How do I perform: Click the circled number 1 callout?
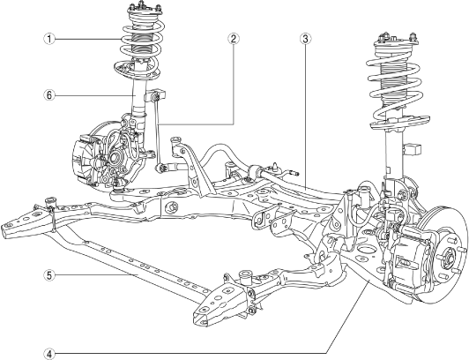coord(49,39)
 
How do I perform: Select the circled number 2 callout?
coord(233,38)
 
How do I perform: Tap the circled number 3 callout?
coord(305,38)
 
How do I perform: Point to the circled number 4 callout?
coord(49,354)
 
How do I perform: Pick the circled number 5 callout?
coord(49,275)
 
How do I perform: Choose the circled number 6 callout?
coord(49,95)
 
